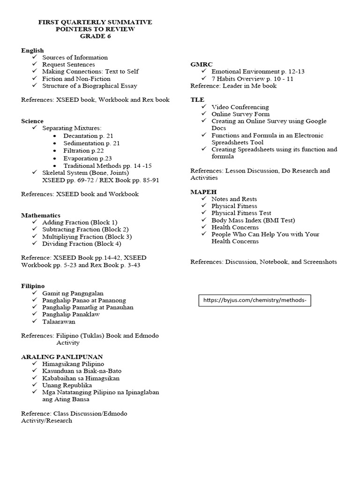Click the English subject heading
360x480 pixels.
coord(32,50)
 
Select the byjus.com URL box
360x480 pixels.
coord(255,300)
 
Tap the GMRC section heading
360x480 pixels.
coord(202,64)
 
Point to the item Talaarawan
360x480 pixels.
coord(59,322)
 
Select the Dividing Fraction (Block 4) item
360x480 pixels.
coord(82,244)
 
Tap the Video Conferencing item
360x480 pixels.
coord(240,107)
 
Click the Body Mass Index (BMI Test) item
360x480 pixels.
coord(253,220)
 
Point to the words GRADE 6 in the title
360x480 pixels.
coord(95,36)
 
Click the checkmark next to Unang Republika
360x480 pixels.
coord(35,385)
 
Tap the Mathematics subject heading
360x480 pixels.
coord(41,215)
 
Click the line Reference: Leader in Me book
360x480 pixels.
coord(233,86)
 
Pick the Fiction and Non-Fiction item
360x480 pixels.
coord(76,79)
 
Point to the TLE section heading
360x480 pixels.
coord(197,100)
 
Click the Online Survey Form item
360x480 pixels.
coord(240,114)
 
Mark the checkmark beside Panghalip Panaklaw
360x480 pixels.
coord(35,315)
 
